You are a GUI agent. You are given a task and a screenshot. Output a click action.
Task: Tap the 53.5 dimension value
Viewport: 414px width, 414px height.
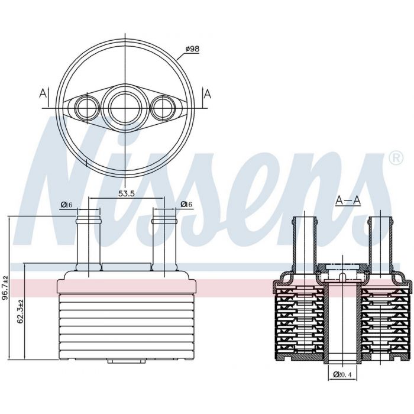pyautogui.click(x=126, y=193)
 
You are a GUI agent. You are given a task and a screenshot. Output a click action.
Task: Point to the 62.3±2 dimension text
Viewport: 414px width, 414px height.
pyautogui.click(x=20, y=311)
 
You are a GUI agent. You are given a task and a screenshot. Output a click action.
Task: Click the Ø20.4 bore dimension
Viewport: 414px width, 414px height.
pyautogui.click(x=342, y=374)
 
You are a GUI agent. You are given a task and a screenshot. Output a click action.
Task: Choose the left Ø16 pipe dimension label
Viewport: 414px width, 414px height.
pyautogui.click(x=66, y=205)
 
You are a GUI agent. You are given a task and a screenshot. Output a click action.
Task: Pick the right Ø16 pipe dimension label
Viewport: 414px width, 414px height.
pyautogui.click(x=186, y=204)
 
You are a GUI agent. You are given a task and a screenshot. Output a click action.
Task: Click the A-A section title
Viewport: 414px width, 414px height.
pyautogui.click(x=348, y=200)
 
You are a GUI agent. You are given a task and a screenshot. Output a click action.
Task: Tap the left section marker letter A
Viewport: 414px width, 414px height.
pyautogui.click(x=43, y=93)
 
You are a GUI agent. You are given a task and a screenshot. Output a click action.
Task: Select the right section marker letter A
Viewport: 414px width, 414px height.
pyautogui.click(x=208, y=93)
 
